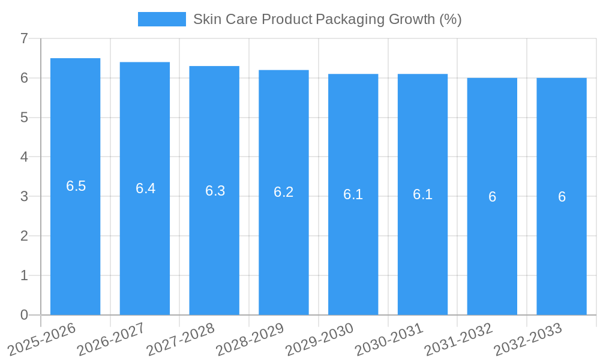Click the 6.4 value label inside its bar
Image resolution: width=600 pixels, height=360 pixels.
click(145, 188)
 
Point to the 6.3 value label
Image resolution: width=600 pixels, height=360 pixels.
click(215, 191)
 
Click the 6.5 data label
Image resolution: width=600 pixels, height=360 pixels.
click(76, 186)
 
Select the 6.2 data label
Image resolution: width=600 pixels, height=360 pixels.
click(284, 192)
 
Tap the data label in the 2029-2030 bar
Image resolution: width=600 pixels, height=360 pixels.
click(353, 194)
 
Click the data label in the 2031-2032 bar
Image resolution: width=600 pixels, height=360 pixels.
click(492, 197)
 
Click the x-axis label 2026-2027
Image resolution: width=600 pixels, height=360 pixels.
click(111, 338)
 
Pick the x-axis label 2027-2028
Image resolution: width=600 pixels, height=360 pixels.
click(181, 338)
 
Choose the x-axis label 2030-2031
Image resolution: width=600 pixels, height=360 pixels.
click(389, 338)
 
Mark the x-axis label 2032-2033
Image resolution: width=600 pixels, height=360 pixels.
click(527, 338)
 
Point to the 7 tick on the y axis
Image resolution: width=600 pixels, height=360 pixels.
click(24, 39)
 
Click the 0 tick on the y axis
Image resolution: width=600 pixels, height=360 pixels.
click(24, 315)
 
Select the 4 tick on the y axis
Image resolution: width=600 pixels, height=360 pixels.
click(24, 157)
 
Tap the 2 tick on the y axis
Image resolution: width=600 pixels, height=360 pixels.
click(24, 236)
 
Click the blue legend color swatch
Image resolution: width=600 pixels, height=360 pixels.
click(162, 19)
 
